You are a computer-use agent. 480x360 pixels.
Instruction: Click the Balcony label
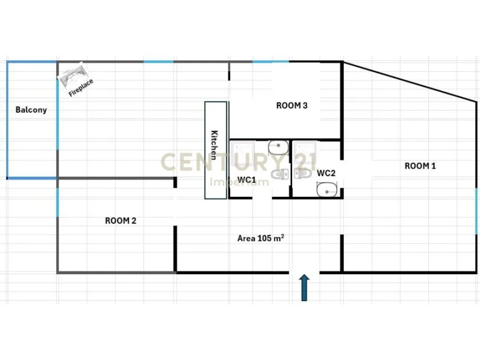[31, 110]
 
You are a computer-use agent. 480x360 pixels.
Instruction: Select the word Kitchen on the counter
[215, 145]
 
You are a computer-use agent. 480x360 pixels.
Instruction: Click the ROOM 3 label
[292, 106]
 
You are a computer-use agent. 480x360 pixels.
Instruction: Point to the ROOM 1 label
[420, 166]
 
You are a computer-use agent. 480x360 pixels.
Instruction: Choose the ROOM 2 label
[120, 221]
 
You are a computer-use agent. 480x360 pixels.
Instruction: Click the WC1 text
[247, 180]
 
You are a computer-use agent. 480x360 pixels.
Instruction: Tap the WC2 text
[326, 173]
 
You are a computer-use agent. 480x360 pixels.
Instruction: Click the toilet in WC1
[278, 175]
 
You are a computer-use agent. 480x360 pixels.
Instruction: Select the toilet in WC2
[303, 174]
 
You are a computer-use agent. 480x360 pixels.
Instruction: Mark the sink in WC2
[325, 190]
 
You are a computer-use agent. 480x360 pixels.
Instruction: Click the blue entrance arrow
[304, 288]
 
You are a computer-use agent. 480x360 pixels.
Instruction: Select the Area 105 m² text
[260, 238]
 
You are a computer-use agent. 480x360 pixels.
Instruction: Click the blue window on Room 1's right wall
[476, 211]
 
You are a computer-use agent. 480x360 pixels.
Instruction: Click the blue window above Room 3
[270, 62]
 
